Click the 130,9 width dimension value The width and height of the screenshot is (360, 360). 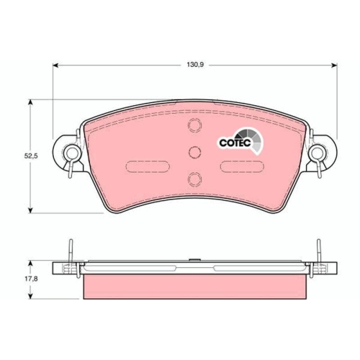click(x=195, y=65)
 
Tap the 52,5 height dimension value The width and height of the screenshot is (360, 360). click(x=31, y=156)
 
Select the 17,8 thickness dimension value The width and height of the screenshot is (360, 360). click(x=31, y=279)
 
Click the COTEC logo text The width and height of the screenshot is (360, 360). click(x=235, y=143)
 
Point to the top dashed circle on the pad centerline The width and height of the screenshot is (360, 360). click(x=194, y=125)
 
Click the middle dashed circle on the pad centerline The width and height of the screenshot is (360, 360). click(x=194, y=152)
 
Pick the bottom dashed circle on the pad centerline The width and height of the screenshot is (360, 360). click(x=194, y=179)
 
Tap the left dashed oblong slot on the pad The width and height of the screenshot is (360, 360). click(x=148, y=166)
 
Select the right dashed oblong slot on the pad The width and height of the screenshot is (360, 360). click(x=242, y=166)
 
